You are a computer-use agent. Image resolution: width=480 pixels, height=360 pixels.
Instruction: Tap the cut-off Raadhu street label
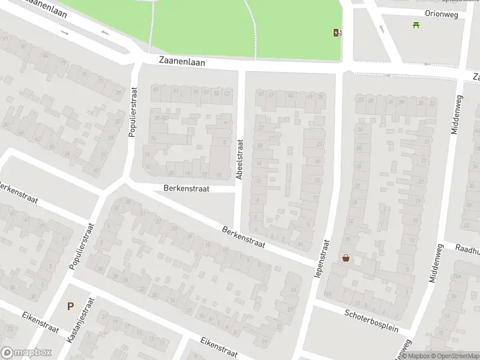click(x=467, y=247)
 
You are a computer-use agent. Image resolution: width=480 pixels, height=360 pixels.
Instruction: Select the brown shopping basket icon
click(x=346, y=258)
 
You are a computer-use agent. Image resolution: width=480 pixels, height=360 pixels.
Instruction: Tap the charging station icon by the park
click(x=336, y=32)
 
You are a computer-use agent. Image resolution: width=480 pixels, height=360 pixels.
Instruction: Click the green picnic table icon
click(x=415, y=25)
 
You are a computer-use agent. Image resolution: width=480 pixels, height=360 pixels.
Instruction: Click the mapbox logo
click(x=26, y=353)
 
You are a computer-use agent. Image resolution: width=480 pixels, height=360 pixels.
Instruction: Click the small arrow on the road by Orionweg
click(x=381, y=28)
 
